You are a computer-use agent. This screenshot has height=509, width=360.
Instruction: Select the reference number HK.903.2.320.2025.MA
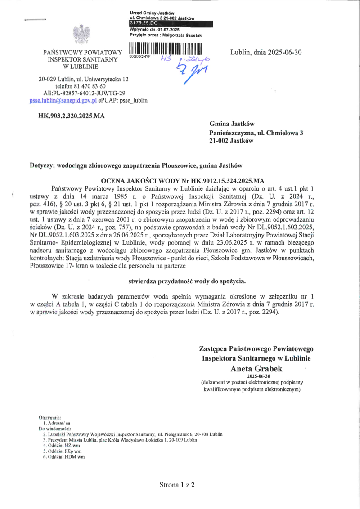pos(72,116)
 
